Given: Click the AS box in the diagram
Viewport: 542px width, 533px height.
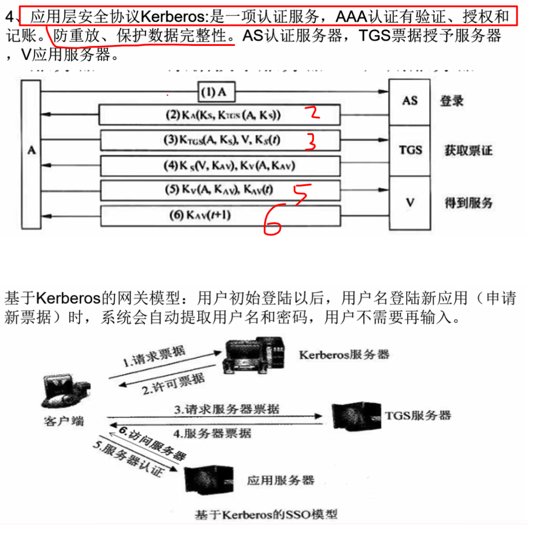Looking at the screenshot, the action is (x=409, y=101).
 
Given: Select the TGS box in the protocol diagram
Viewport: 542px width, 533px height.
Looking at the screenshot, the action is (x=410, y=150).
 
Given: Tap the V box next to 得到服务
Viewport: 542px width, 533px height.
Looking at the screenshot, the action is (x=410, y=203).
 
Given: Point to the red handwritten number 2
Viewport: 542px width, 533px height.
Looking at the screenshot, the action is (x=313, y=113).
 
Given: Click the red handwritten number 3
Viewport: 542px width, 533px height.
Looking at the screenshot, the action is (x=311, y=141).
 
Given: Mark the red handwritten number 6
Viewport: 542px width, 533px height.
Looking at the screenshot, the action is (x=274, y=219).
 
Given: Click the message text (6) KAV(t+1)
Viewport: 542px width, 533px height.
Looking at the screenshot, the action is (x=200, y=215).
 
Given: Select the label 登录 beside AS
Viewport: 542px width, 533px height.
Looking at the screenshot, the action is (x=452, y=101).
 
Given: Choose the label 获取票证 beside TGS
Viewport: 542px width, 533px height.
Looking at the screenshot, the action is (x=468, y=150).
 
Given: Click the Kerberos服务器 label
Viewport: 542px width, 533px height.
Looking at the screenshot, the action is (x=344, y=355).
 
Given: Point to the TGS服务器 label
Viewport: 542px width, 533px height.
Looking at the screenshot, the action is (x=418, y=415).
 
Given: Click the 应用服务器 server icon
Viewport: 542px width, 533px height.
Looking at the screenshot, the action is (x=208, y=480).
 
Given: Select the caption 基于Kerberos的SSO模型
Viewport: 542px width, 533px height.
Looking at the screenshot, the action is (x=266, y=515).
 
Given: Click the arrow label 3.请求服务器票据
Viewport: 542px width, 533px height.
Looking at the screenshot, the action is (x=227, y=409).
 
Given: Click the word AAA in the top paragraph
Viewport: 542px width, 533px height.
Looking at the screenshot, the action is (x=351, y=17).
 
